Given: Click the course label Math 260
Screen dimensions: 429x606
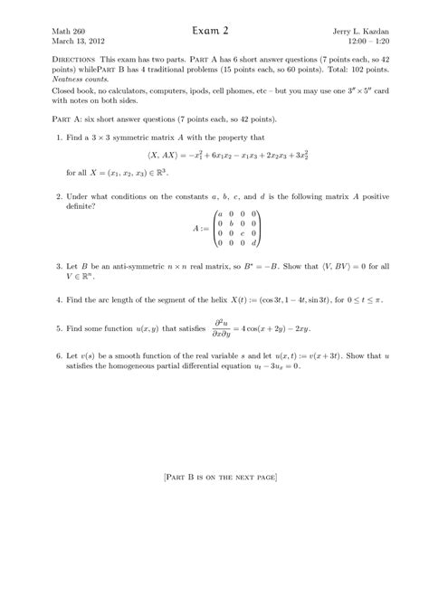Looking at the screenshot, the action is (69, 31).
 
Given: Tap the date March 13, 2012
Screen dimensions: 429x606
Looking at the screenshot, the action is (78, 42).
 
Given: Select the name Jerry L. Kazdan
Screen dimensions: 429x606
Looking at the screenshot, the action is (349, 31).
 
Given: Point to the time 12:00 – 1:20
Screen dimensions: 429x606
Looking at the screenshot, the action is (358, 42).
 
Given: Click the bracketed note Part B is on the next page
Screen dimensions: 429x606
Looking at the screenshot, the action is (214, 476).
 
